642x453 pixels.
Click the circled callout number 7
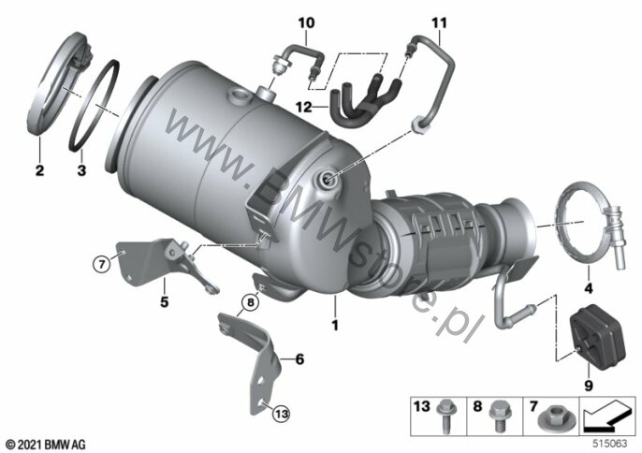click(102, 264)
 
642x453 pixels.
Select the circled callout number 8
click(250, 303)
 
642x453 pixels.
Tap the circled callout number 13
click(282, 414)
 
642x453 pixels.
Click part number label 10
click(306, 23)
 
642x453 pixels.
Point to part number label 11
click(439, 23)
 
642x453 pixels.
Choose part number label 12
click(304, 108)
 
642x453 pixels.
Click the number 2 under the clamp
click(39, 169)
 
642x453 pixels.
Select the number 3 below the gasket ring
click(82, 169)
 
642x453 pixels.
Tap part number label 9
click(589, 386)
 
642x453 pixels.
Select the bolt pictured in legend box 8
click(499, 416)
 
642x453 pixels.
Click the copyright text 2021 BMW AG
click(46, 444)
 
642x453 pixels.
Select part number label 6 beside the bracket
click(300, 359)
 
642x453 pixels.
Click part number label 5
click(164, 302)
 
